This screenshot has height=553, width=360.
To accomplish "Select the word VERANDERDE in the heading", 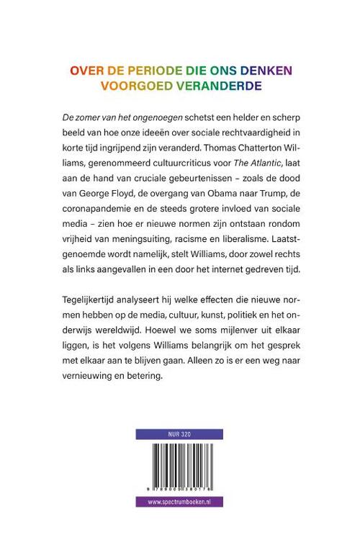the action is click(x=198, y=86).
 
